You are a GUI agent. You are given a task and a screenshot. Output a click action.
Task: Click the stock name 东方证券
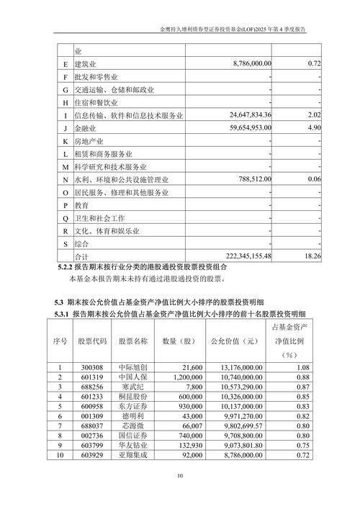pos(133,406)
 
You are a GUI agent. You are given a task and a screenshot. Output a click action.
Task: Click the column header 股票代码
pos(91,341)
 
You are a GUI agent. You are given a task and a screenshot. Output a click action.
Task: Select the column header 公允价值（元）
pos(233,341)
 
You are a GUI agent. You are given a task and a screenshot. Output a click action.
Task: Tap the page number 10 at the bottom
pos(180,475)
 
